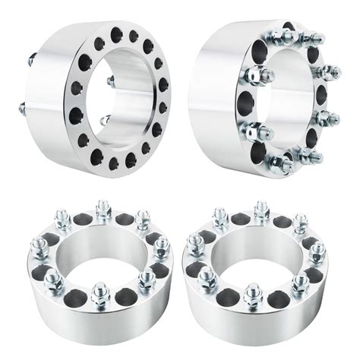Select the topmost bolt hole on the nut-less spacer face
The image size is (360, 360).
pyautogui.click(x=118, y=32)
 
